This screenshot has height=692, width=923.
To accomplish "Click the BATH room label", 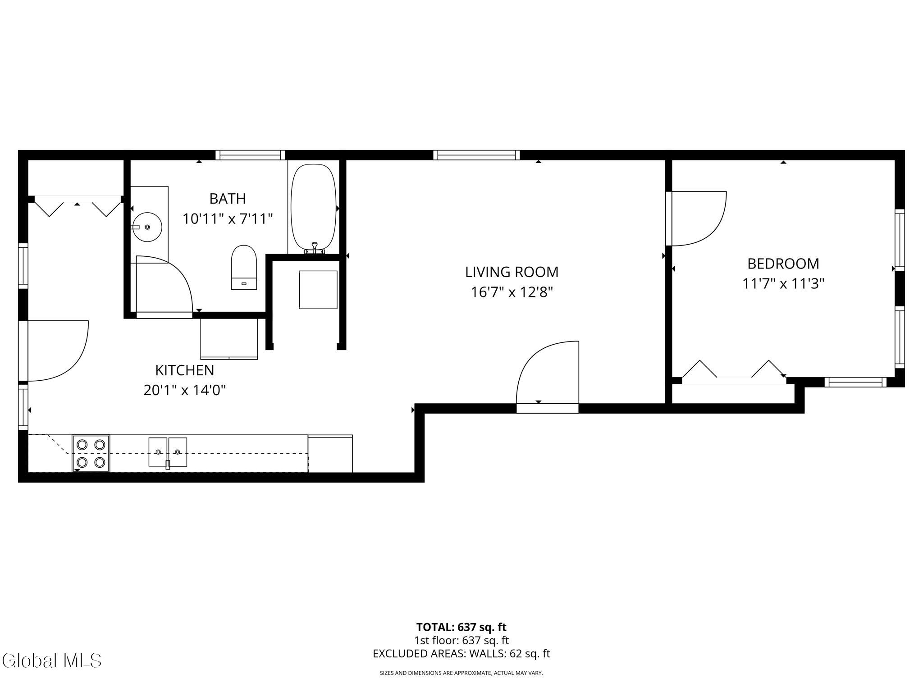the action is tap(228, 199).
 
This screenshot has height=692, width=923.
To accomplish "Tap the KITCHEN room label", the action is tap(185, 370).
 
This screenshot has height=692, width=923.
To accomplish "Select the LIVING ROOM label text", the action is tap(512, 272).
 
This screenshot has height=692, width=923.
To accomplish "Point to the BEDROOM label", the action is tap(783, 264).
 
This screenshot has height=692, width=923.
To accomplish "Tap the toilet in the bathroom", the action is tap(244, 267).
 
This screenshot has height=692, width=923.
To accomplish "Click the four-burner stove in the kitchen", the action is tap(91, 453).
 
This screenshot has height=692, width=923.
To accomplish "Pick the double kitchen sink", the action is tap(168, 452).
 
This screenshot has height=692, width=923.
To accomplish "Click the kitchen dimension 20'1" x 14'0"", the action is tap(185, 390).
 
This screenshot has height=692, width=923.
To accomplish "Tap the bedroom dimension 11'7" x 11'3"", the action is tap(783, 284).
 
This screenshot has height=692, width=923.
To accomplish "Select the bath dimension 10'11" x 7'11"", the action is tap(228, 219).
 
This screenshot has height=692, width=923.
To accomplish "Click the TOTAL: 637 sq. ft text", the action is tap(461, 627).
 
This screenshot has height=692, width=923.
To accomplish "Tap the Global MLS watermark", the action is tap(51, 660).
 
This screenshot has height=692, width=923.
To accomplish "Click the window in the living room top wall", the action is tap(476, 155).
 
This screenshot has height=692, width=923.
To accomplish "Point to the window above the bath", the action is tap(250, 155).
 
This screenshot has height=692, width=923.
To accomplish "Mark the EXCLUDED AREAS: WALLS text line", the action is tap(461, 654).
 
